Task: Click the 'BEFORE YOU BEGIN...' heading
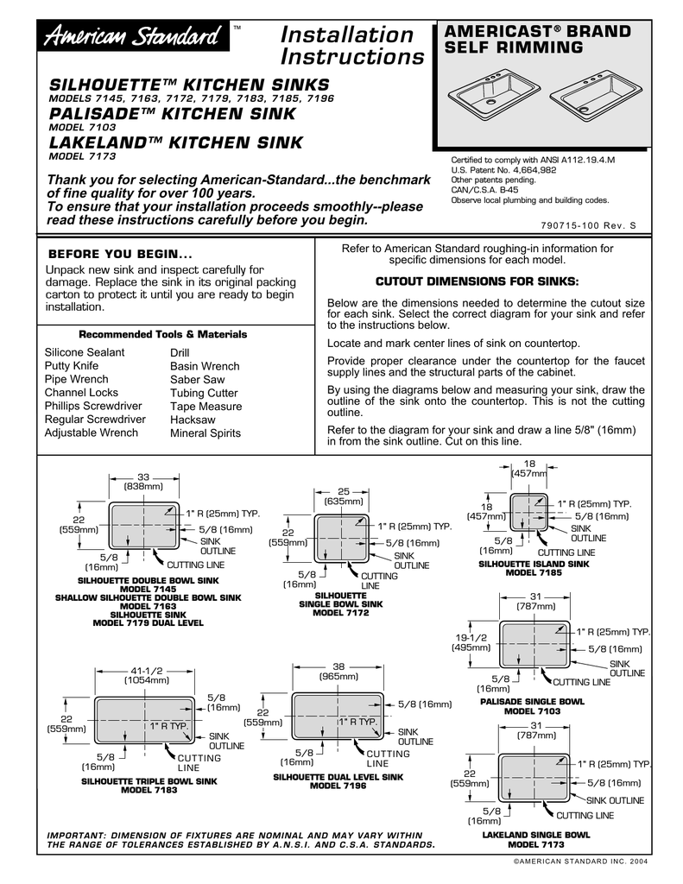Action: coord(120,255)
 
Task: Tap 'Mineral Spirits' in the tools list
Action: coord(206,433)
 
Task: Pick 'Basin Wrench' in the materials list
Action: coord(205,366)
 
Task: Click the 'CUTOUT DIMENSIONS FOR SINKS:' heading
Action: coord(477,282)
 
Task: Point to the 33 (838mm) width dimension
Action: coord(143,482)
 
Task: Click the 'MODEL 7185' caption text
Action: coord(534,571)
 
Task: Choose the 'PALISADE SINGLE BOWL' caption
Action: coord(532,702)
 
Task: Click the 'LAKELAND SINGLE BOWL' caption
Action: coord(535,835)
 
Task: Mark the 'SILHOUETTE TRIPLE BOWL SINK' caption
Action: coord(149,781)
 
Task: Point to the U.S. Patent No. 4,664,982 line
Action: coord(503,170)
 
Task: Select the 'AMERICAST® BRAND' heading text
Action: coord(536,31)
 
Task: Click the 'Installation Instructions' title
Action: coord(352,46)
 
